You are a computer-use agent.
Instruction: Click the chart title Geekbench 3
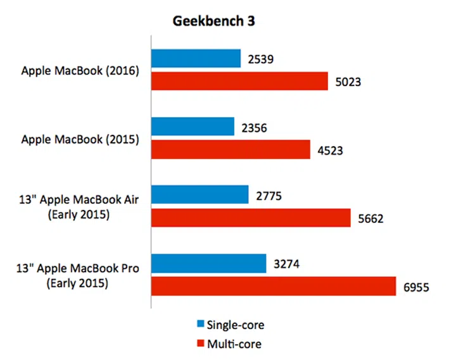[x=214, y=21]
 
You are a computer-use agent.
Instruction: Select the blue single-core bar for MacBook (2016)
[x=196, y=58]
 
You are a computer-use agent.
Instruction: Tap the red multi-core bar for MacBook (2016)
[x=239, y=81]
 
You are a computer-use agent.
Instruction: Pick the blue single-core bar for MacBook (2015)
[x=193, y=127]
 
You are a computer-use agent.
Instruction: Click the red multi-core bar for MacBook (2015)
[x=231, y=149]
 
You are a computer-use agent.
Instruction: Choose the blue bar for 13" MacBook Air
[x=199, y=194]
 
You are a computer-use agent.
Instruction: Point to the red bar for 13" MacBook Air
[x=251, y=218]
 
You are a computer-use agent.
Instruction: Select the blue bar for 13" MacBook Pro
[x=208, y=263]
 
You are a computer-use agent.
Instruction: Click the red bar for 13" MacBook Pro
[x=274, y=286]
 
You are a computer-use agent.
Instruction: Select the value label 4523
[x=331, y=151]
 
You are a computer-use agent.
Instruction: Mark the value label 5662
[x=372, y=219]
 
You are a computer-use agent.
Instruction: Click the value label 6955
[x=417, y=287]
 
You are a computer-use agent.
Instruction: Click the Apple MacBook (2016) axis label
[x=80, y=70]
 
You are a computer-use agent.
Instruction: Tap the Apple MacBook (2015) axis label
[x=80, y=139]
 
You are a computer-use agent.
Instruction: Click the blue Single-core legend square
[x=201, y=325]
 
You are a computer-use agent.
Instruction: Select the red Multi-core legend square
[x=201, y=343]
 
